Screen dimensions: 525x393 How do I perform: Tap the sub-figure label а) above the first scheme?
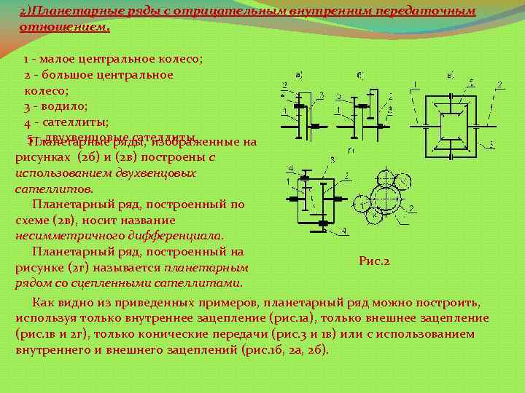(298, 74)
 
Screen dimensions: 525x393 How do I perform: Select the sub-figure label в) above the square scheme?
(450, 74)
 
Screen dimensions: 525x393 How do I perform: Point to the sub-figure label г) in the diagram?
(352, 151)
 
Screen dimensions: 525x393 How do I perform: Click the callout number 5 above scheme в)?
(472, 82)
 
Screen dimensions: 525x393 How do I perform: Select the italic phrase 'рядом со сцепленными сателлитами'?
(129, 282)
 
